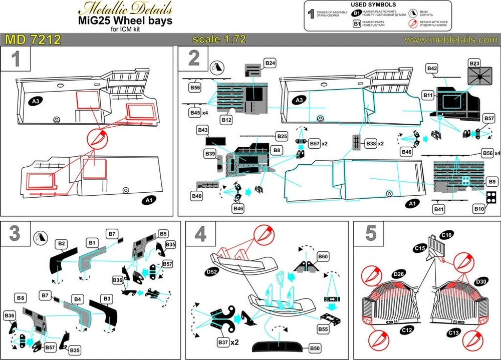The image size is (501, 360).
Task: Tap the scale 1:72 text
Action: tap(219, 40)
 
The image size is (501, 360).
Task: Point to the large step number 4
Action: tap(200, 234)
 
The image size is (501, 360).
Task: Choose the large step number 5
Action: tap(371, 234)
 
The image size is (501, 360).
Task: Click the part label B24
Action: tap(270, 63)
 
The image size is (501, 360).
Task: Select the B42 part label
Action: tap(432, 68)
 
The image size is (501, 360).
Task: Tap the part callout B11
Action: tap(428, 94)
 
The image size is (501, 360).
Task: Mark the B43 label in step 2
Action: tap(202, 130)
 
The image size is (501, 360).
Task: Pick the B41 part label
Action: tap(438, 208)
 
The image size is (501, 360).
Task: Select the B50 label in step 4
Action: tap(315, 347)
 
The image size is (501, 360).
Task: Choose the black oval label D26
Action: tap(399, 274)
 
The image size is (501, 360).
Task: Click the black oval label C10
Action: tap(446, 234)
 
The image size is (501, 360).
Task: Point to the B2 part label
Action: tap(62, 243)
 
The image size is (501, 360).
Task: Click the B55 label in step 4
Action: tap(324, 329)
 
